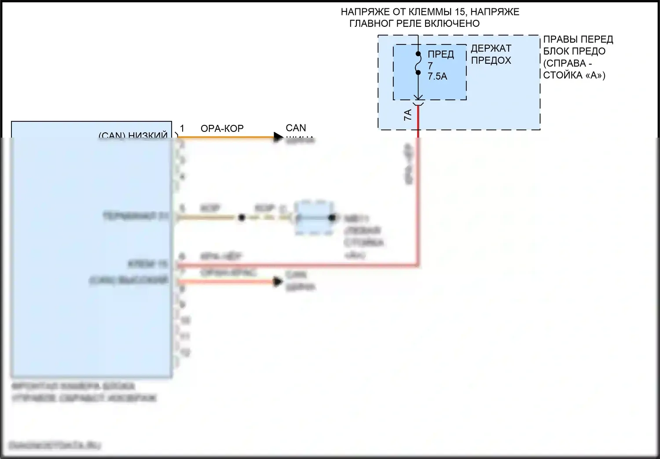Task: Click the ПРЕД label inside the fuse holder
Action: pos(441,55)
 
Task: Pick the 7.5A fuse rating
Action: pos(437,76)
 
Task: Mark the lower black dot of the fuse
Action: pos(418,72)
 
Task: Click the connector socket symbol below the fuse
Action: pos(418,103)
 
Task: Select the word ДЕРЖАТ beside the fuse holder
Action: pos(491,48)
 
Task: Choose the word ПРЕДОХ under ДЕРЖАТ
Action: pos(491,60)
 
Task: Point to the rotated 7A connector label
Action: pos(408,116)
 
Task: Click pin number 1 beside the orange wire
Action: pos(182,128)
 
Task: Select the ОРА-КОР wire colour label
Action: pos(222,128)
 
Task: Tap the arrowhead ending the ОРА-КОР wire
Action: pos(278,137)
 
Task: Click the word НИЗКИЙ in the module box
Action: pos(148,136)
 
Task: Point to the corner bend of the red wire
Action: pos(418,265)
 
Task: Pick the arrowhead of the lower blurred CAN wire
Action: pos(278,281)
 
